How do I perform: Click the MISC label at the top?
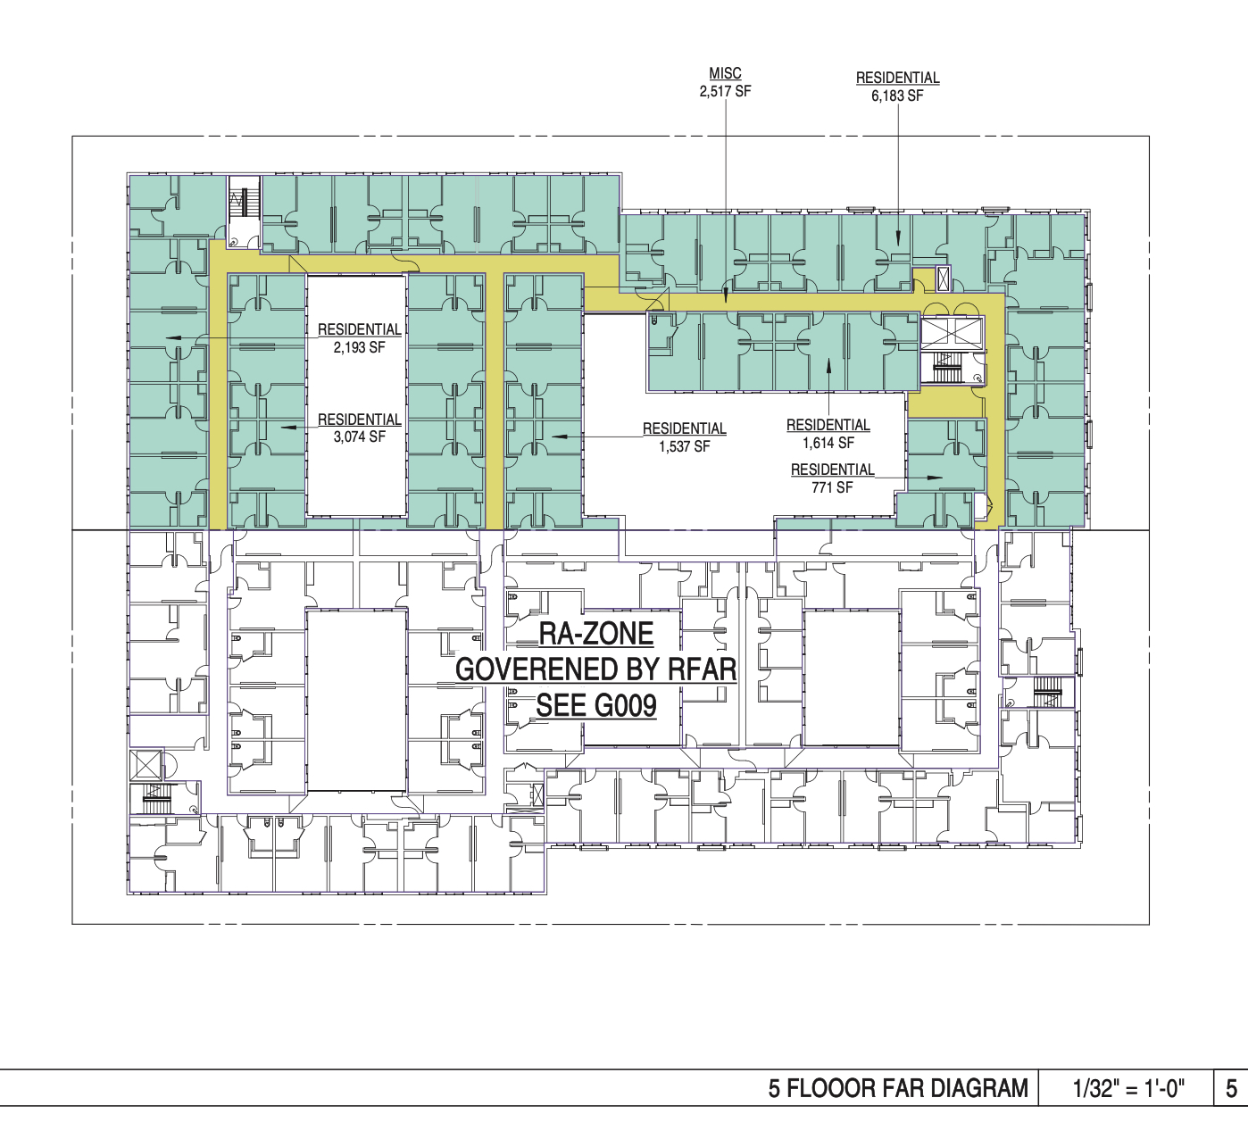[725, 73]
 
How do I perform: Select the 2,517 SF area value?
[725, 91]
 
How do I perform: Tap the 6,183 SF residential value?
[897, 96]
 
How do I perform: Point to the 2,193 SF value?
[359, 347]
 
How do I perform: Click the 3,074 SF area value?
[359, 436]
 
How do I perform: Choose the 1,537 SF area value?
[685, 446]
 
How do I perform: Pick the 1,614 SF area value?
[828, 443]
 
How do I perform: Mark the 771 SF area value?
[832, 487]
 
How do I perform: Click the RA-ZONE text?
[596, 634]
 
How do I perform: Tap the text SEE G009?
[596, 705]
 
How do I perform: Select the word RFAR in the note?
[702, 669]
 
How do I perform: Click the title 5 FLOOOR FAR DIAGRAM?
[898, 1105]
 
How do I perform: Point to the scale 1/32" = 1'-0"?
[1128, 1105]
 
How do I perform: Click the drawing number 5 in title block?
[1231, 1106]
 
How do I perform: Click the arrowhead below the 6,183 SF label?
[898, 237]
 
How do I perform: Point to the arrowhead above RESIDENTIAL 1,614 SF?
[828, 366]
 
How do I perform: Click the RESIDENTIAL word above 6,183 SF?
[897, 78]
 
